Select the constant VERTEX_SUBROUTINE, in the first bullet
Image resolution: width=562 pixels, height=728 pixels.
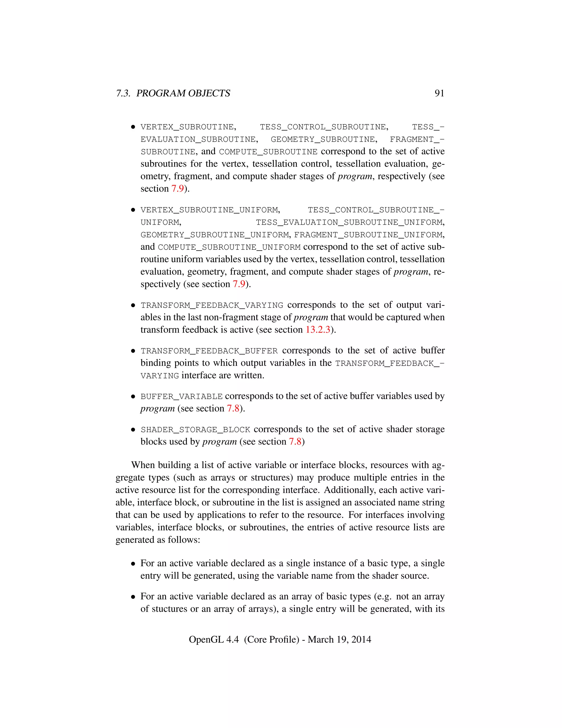(188, 127)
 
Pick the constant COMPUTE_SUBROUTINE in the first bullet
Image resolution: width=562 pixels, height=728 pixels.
(268, 152)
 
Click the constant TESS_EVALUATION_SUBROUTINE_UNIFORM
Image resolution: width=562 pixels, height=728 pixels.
(350, 222)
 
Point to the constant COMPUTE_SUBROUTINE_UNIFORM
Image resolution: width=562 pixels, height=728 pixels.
(229, 247)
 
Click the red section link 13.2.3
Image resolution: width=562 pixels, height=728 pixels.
(317, 330)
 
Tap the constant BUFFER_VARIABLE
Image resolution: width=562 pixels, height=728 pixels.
(181, 397)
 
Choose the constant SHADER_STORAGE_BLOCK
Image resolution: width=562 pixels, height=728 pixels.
(195, 430)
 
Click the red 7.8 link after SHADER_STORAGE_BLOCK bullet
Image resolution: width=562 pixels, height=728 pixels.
(295, 442)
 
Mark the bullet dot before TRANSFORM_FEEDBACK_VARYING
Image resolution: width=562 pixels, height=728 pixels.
(133, 305)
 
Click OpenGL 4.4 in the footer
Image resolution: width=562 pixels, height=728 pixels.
(214, 639)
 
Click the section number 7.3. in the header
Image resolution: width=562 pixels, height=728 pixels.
(123, 93)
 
